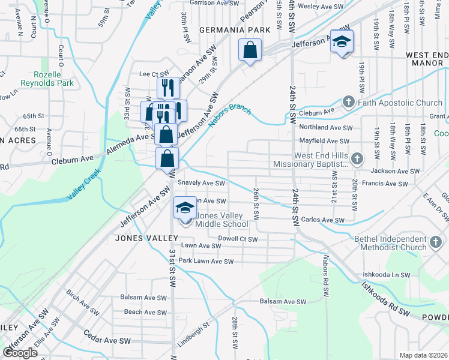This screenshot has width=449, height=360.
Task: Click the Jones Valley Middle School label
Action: pyautogui.click(x=222, y=220)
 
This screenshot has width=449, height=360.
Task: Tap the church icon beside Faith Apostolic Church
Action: pyautogui.click(x=349, y=103)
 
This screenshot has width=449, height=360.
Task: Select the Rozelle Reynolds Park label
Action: pyautogui.click(x=47, y=79)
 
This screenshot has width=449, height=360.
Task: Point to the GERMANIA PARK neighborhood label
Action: pyautogui.click(x=232, y=30)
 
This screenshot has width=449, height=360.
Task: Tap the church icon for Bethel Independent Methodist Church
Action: pyautogui.click(x=436, y=243)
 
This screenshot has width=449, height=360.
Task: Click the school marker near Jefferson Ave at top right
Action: pyautogui.click(x=342, y=42)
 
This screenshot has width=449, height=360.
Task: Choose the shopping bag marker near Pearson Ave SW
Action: pyautogui.click(x=250, y=50)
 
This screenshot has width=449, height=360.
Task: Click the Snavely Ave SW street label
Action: pyautogui.click(x=201, y=184)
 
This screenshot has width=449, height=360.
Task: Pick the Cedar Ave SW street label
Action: pyautogui.click(x=107, y=340)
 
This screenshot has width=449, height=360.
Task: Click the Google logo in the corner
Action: pyautogui.click(x=20, y=353)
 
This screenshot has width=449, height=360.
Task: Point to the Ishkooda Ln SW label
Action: pyautogui.click(x=386, y=275)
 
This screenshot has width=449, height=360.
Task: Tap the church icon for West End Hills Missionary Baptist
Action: pyautogui.click(x=357, y=159)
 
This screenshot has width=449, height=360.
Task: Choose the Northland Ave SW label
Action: pyautogui.click(x=325, y=127)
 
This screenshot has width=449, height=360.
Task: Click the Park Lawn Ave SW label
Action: pyautogui.click(x=206, y=261)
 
